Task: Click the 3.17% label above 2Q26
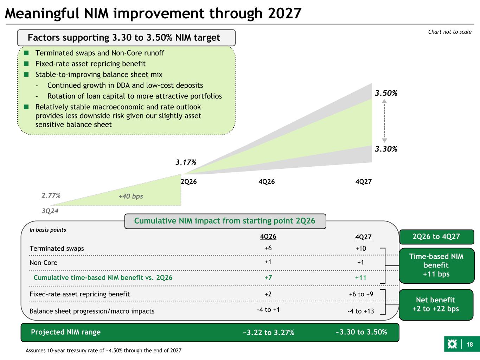point(186,162)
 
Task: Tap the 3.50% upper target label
point(386,93)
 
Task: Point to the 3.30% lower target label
point(386,149)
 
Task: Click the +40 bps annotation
point(130,196)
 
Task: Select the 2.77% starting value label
point(51,195)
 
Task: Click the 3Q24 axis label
point(50,211)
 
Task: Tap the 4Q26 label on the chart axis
point(267,182)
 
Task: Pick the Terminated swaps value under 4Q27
point(360,249)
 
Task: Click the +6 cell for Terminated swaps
point(268,248)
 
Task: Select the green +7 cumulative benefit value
point(268,278)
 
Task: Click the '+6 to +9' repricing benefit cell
point(361,294)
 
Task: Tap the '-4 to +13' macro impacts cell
point(361,311)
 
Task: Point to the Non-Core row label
point(44,263)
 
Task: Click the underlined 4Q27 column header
point(363,237)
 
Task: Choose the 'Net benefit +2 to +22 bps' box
point(436,305)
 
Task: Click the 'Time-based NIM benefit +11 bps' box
point(436,265)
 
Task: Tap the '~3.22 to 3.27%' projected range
point(268,333)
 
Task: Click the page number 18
point(470,345)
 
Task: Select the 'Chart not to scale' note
point(450,32)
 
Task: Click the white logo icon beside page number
point(452,344)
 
